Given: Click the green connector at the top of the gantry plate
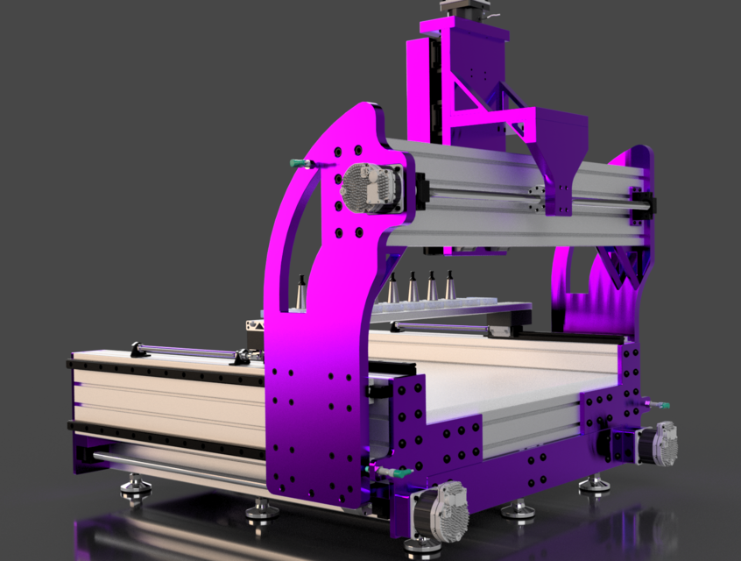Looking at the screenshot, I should tap(300, 164).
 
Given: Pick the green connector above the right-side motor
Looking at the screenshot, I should tap(657, 404).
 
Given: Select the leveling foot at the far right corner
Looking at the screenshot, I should tap(595, 485).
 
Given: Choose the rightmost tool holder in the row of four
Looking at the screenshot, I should tap(450, 287).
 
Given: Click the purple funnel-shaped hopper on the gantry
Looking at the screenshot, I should tap(555, 149).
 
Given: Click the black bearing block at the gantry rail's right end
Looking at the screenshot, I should tap(644, 203).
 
